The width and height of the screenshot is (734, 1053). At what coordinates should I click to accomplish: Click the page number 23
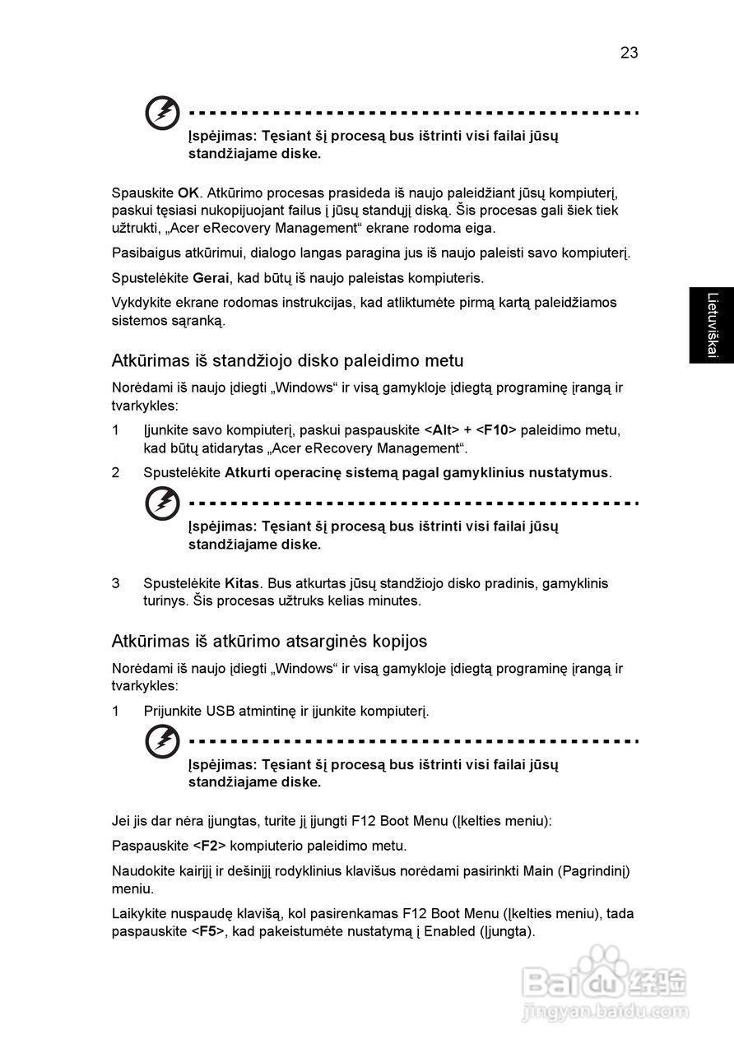click(x=629, y=53)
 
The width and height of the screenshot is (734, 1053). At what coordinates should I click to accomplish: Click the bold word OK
click(x=188, y=193)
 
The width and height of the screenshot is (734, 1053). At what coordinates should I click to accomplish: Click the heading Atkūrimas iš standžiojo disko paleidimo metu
click(x=287, y=360)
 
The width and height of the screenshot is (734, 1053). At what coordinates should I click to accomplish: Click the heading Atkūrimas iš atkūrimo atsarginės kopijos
click(x=269, y=641)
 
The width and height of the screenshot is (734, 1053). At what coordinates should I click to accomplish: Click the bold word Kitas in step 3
click(x=242, y=583)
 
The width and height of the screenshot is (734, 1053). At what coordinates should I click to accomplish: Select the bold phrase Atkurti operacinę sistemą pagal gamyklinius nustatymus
click(x=416, y=473)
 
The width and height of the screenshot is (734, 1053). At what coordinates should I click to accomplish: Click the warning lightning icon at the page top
click(x=162, y=114)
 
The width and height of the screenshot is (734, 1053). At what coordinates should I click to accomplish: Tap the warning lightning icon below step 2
click(x=162, y=503)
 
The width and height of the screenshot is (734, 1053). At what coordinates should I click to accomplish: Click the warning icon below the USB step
click(x=162, y=742)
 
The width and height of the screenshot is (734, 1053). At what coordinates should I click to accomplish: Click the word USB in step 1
click(x=220, y=711)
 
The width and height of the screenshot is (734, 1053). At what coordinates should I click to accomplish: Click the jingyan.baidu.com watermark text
click(x=606, y=1010)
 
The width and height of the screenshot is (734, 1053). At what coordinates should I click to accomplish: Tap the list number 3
click(x=116, y=583)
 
